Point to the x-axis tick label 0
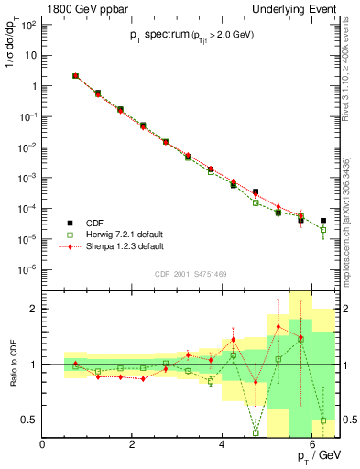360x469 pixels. [x=43, y=442]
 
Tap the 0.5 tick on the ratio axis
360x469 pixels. [x=31, y=420]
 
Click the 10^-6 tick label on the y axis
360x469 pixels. [x=28, y=269]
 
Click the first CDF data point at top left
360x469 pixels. [x=75, y=76]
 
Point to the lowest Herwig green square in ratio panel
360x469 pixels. [x=256, y=432]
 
